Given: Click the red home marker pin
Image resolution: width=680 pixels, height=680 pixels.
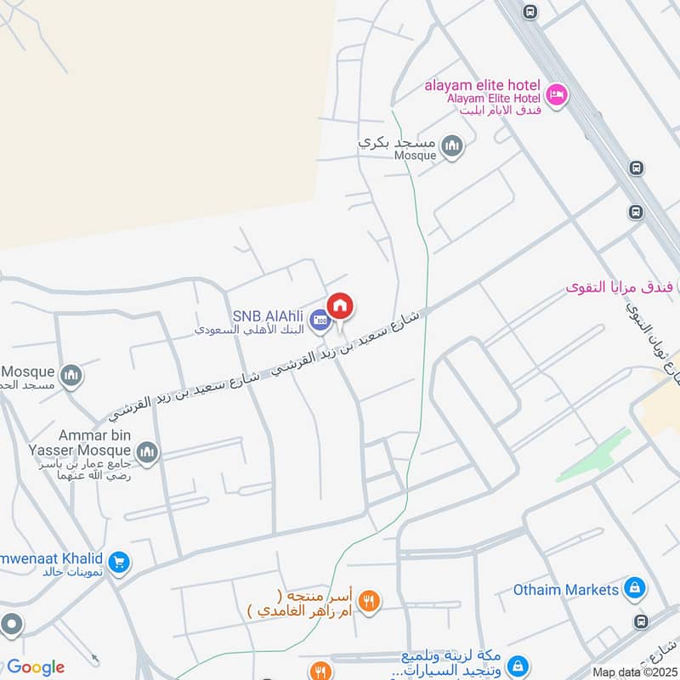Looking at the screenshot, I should (340, 306).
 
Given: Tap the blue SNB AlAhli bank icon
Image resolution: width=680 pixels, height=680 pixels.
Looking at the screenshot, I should (320, 320).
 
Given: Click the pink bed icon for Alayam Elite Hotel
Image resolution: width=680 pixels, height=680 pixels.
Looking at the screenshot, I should (556, 94).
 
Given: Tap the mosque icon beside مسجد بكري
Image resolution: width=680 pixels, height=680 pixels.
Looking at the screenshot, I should (452, 147).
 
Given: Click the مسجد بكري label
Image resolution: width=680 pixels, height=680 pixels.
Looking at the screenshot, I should (397, 143).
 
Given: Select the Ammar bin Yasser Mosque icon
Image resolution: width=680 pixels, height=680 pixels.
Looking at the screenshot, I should (146, 450).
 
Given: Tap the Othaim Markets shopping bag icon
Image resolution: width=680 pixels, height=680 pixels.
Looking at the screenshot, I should (634, 587).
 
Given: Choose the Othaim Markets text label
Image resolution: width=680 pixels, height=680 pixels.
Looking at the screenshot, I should (566, 589).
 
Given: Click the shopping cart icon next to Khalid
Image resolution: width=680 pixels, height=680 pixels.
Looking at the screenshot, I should (118, 561).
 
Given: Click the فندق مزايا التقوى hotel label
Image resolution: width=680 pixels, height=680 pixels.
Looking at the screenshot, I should (620, 287).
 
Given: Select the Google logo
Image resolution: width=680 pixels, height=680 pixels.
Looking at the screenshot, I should (35, 667).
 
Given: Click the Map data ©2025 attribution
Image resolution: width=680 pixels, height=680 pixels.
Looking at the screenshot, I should (633, 672).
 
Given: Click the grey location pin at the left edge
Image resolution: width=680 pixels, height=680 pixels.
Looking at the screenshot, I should (12, 625).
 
